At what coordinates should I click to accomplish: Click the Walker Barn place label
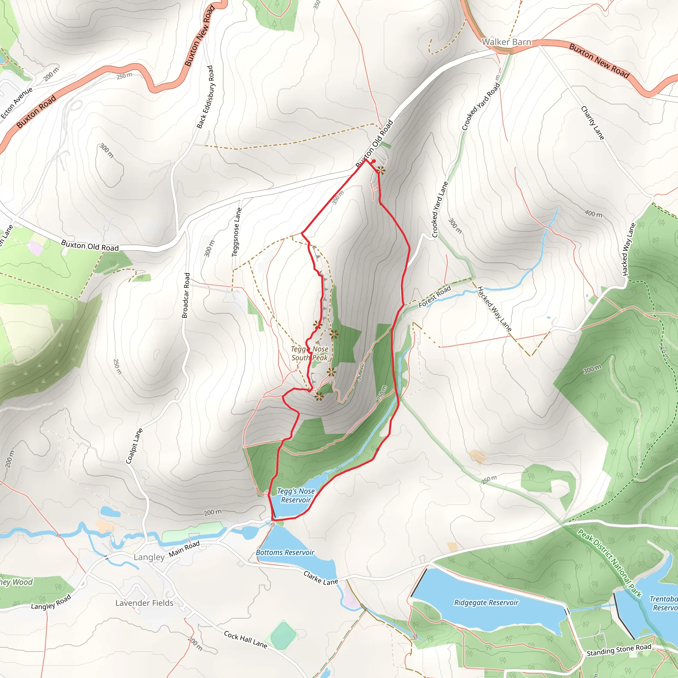(506, 42)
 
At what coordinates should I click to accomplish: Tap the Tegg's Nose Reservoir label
(296, 496)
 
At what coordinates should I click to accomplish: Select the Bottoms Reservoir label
(285, 553)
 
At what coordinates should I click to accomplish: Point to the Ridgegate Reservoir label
(486, 603)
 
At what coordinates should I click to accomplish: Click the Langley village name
(149, 557)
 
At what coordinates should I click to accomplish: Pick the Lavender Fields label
(144, 603)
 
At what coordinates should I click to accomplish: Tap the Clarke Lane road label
(321, 578)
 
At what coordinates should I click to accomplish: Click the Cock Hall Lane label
(246, 639)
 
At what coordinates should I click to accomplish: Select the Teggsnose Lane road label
(237, 232)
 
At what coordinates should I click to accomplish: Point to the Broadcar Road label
(186, 296)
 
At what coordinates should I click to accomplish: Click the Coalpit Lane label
(134, 446)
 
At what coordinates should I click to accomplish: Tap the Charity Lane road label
(593, 123)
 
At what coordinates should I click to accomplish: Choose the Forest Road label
(434, 297)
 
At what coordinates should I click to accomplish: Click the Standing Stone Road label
(619, 650)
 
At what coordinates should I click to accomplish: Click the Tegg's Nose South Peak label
(310, 353)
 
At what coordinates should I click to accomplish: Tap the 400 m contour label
(594, 214)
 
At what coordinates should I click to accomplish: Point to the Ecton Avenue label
(17, 103)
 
